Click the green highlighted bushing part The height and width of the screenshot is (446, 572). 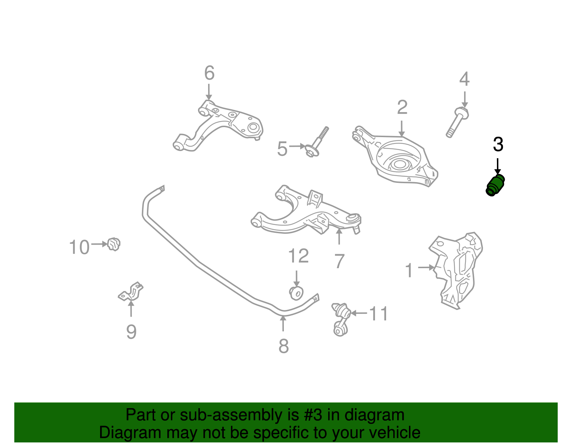[x=495, y=185]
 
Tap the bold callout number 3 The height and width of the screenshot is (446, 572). [x=498, y=145]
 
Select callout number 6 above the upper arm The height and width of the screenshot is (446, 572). [x=209, y=73]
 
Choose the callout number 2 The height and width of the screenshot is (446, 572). [x=402, y=107]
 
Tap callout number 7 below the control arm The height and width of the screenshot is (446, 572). [x=339, y=261]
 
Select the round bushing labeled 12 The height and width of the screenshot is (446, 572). [x=296, y=292]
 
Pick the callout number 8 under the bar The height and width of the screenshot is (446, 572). [x=283, y=346]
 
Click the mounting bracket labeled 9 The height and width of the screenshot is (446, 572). [x=131, y=292]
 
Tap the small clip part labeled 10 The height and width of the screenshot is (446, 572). [x=114, y=244]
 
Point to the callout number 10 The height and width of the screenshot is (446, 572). [x=79, y=247]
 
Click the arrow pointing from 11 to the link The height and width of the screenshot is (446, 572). [x=359, y=313]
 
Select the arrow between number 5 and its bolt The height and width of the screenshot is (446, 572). [x=297, y=146]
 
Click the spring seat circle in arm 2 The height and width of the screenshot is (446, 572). [x=398, y=164]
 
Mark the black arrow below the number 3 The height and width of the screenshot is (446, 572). [x=498, y=167]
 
